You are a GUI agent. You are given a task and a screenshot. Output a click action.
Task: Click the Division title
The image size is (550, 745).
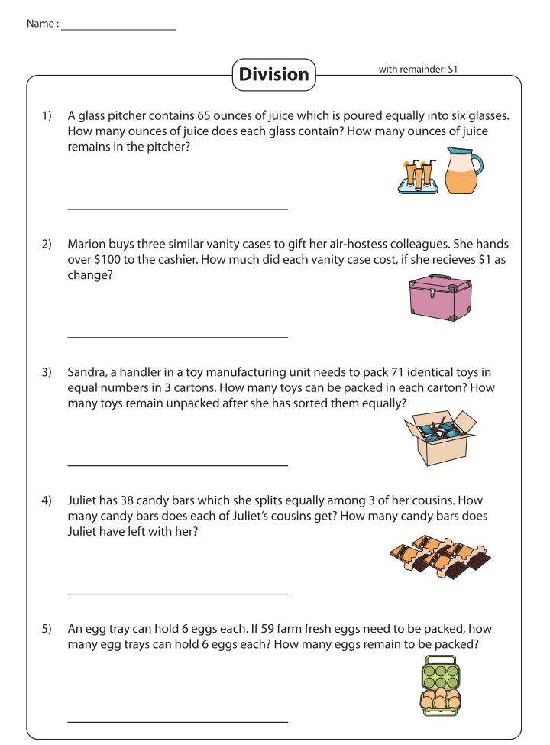[x=273, y=74]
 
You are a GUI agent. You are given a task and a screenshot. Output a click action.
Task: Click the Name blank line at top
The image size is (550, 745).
[x=118, y=28]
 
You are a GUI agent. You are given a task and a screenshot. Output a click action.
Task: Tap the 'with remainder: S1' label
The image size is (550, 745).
[x=417, y=70]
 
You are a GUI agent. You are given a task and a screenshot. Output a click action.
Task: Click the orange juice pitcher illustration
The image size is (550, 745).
[x=464, y=170]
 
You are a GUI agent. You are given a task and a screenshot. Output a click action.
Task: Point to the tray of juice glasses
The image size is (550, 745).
[x=418, y=177]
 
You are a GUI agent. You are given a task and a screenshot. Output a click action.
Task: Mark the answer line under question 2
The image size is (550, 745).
[x=177, y=337]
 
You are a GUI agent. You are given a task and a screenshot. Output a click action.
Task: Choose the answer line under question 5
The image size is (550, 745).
[x=177, y=721]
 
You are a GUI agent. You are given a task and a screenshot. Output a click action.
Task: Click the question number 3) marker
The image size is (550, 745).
[x=47, y=373]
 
